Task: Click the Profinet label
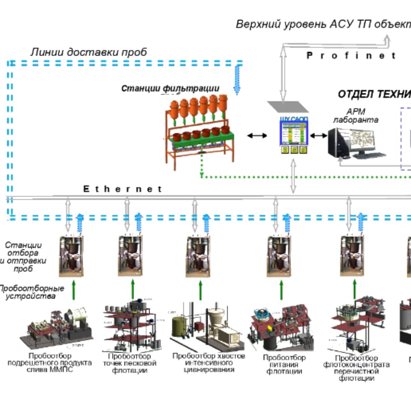tap(351, 55)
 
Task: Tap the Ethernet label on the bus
tap(123, 189)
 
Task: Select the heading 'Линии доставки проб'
tap(89, 52)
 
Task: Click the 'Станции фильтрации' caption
tap(170, 88)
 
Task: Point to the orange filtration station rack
tap(199, 132)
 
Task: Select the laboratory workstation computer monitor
tap(357, 143)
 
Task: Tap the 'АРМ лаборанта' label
tap(356, 116)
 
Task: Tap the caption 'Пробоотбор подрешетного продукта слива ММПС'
tap(50, 363)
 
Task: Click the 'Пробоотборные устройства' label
tap(31, 292)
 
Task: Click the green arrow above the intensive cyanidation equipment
tap(201, 290)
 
